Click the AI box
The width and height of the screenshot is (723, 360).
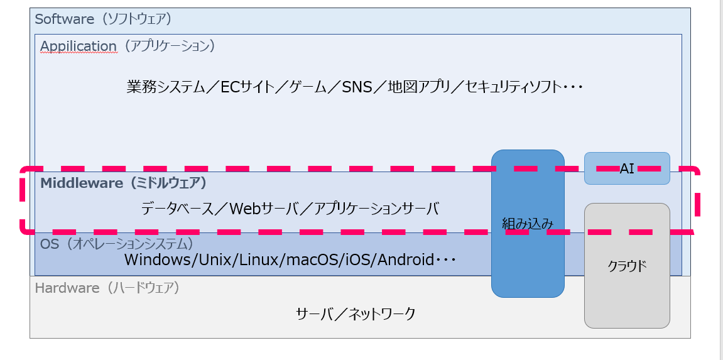click(x=627, y=168)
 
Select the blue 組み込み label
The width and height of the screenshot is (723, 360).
click(x=528, y=223)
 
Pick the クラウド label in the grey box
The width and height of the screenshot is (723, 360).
click(x=627, y=266)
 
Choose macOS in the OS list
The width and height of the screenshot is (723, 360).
click(x=302, y=259)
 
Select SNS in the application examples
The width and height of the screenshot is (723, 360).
click(x=357, y=87)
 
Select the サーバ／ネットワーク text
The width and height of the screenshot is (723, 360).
click(x=356, y=314)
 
